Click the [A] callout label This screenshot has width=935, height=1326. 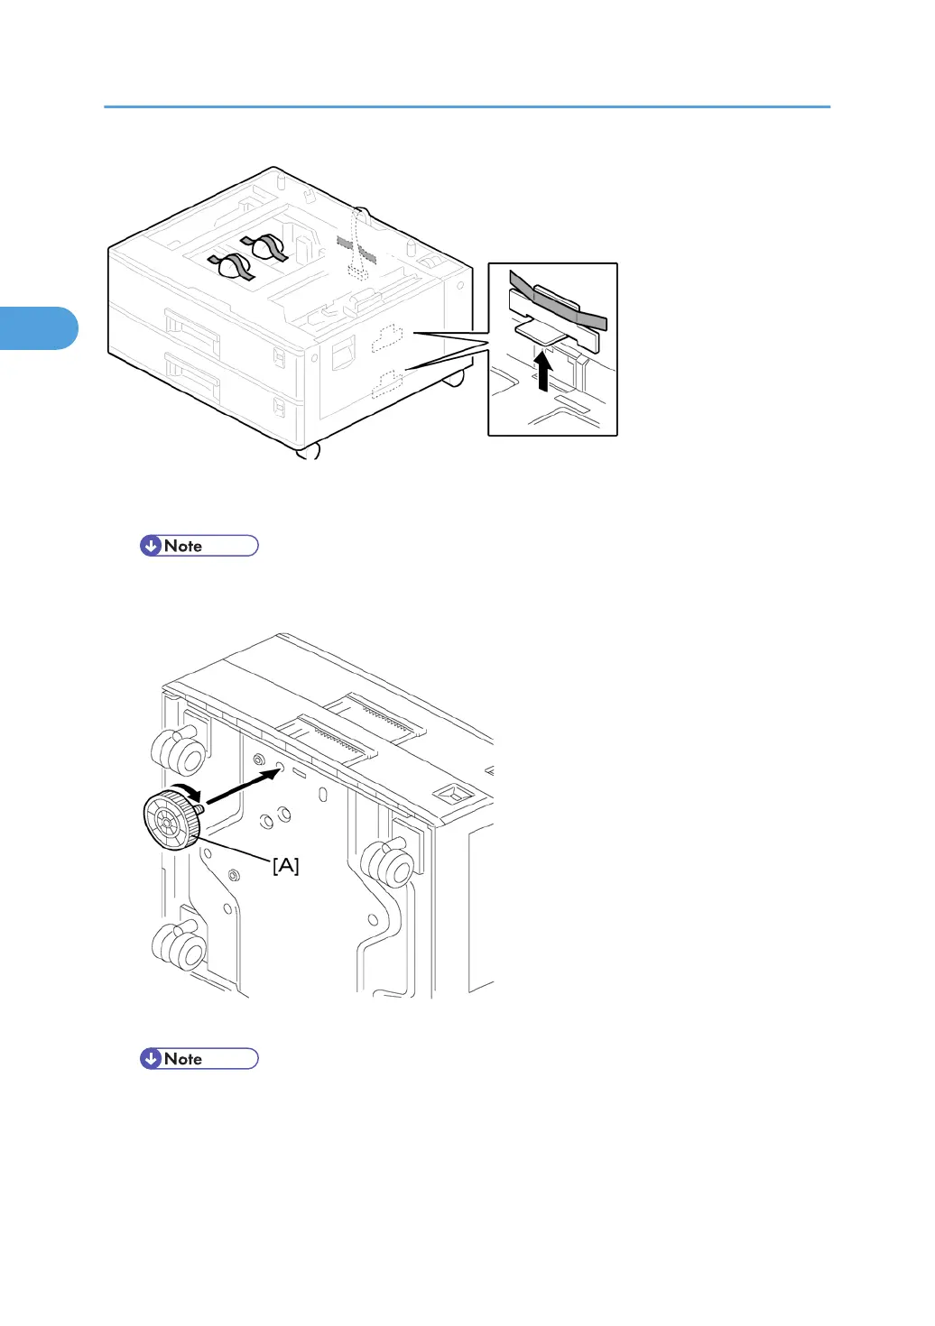pyautogui.click(x=285, y=866)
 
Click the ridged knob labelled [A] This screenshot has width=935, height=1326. pyautogui.click(x=171, y=819)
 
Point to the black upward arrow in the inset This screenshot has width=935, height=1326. pyautogui.click(x=542, y=371)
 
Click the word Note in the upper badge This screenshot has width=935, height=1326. pyautogui.click(x=183, y=546)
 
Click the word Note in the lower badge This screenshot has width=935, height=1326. pyautogui.click(x=183, y=1059)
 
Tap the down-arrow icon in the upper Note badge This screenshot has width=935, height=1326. pyautogui.click(x=151, y=546)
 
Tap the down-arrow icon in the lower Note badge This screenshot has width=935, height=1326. pyautogui.click(x=151, y=1059)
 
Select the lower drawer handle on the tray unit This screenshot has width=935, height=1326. pyautogui.click(x=191, y=376)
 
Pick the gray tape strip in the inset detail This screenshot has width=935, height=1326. pyautogui.click(x=557, y=303)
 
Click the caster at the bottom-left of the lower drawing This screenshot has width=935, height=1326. pyautogui.click(x=179, y=945)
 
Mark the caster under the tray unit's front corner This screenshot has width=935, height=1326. pyautogui.click(x=308, y=452)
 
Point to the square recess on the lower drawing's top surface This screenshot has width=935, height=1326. pyautogui.click(x=449, y=794)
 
